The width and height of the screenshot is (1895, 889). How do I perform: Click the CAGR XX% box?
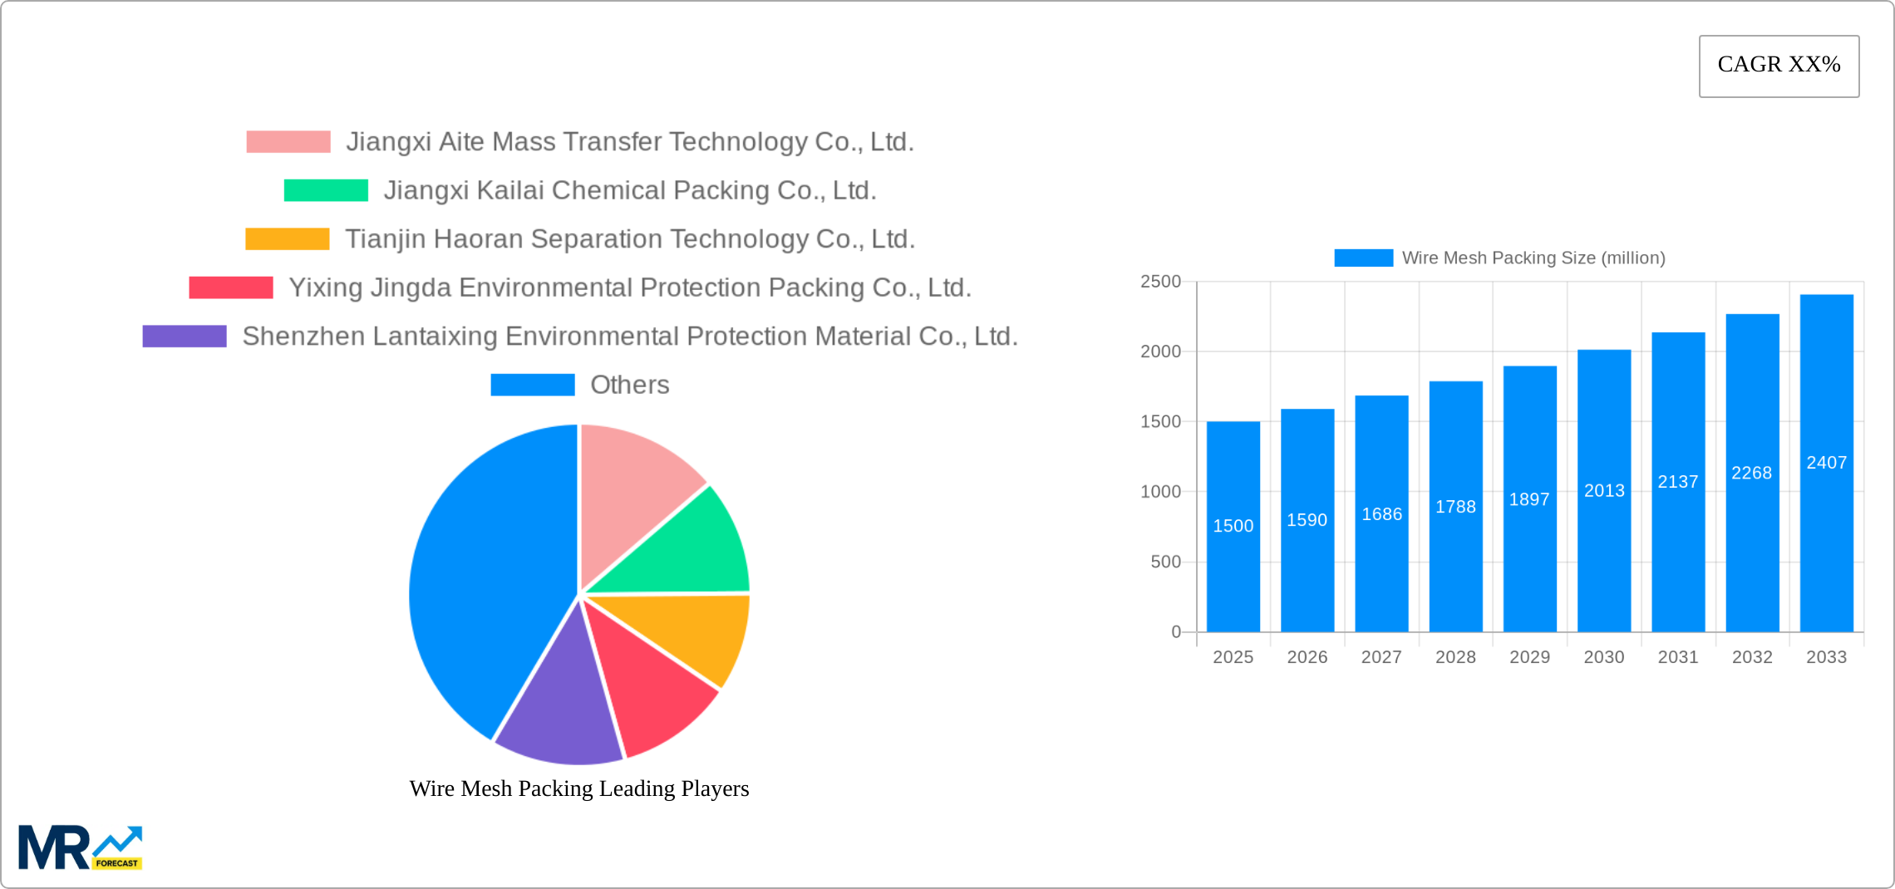coord(1779,66)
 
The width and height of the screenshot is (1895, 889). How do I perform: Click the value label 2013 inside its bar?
coord(1604,491)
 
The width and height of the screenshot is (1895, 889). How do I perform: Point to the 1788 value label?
coord(1455,507)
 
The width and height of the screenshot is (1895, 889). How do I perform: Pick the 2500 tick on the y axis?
coord(1160,282)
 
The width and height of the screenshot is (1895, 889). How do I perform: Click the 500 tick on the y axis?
coord(1165,562)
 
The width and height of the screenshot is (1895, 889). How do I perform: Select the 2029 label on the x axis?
coord(1529,657)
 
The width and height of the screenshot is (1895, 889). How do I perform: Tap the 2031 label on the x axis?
coord(1678,657)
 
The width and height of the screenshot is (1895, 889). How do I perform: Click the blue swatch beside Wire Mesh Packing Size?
coord(1363,258)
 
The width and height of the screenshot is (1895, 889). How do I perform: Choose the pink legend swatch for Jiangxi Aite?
coord(288,142)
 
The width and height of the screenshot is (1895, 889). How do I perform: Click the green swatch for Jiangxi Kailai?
coord(326,190)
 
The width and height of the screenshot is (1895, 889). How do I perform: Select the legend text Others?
coord(629,385)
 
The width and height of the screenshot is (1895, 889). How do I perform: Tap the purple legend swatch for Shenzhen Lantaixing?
coord(185,336)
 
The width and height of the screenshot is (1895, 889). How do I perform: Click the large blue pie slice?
coord(482,582)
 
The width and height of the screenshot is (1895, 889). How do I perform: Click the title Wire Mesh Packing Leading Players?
coord(579,788)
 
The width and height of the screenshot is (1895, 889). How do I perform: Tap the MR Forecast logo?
coord(80,847)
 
